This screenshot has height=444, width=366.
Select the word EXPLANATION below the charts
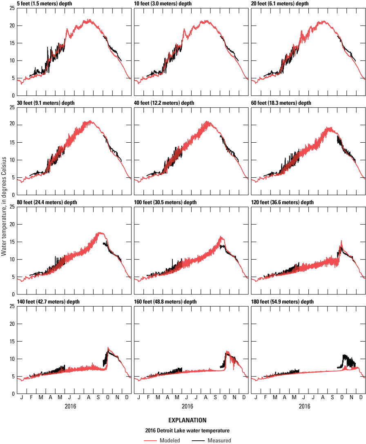pos(187,420)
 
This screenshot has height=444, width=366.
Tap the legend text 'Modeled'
pos(170,440)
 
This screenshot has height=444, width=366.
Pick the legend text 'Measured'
pos(219,440)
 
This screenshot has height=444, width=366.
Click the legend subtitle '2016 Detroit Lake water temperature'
pos(187,431)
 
